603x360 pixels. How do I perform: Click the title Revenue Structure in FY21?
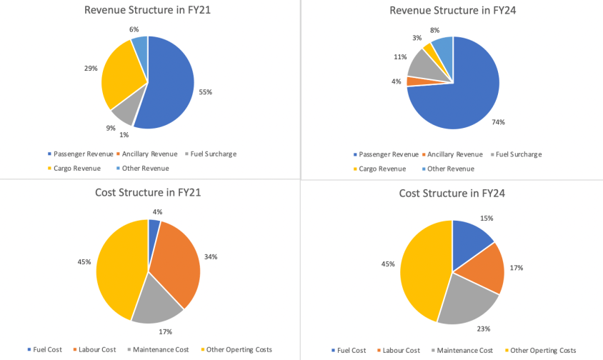pos(148,11)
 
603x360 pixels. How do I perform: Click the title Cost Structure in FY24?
pos(452,193)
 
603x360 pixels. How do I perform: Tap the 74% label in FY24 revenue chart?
pos(498,122)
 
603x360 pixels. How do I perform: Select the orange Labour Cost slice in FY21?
pos(177,261)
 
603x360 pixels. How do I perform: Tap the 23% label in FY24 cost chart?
pos(484,329)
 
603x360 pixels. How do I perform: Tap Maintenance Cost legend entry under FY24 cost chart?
pos(464,350)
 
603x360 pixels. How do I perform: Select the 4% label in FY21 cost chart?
pos(157,211)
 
